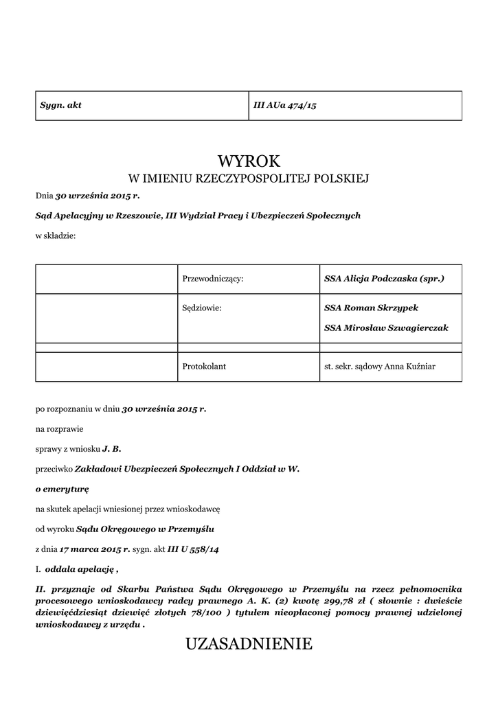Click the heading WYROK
tap(249, 161)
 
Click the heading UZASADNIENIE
tap(249, 644)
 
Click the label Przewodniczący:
tap(213, 279)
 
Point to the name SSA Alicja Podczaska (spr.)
tap(384, 279)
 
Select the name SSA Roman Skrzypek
tap(371, 308)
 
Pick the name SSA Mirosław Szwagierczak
tap(386, 327)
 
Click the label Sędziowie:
tap(202, 308)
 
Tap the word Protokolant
tap(204, 367)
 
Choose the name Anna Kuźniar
tap(411, 367)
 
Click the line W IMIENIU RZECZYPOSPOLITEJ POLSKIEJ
tap(249, 180)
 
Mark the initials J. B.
tap(111, 449)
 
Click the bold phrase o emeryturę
tap(62, 489)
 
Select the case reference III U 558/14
tap(194, 549)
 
